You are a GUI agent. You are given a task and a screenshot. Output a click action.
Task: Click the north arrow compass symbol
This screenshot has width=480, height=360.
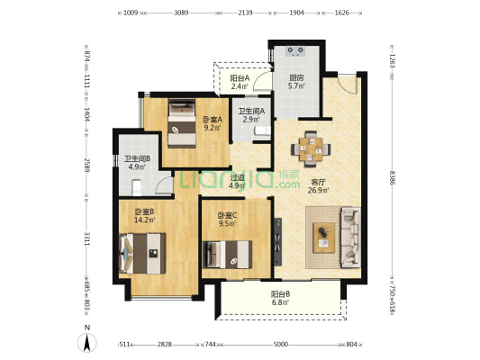click(87, 343)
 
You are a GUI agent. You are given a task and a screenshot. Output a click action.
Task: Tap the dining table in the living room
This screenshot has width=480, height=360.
click(311, 149)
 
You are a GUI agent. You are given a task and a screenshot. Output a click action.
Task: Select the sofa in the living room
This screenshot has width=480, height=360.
click(351, 238)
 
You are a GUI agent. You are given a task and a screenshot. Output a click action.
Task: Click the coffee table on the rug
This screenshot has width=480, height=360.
click(323, 238)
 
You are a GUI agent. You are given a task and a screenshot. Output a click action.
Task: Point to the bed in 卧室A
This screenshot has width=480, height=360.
click(182, 123)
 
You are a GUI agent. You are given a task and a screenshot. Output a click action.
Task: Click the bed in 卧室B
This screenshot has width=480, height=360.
click(142, 254)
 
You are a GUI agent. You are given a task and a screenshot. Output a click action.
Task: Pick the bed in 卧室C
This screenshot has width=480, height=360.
click(227, 255)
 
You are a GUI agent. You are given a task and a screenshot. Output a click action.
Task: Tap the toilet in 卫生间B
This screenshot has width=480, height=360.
click(136, 187)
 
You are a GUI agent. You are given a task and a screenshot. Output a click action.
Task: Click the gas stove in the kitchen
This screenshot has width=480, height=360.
click(295, 51)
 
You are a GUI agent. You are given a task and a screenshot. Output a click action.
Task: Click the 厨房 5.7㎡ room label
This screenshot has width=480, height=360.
click(296, 82)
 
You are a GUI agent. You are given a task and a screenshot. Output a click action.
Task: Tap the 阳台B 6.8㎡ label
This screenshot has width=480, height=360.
click(280, 298)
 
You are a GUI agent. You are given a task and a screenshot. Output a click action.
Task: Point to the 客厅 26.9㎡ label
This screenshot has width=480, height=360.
click(319, 186)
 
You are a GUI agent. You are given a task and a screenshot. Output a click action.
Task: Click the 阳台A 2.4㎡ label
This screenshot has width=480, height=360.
click(240, 82)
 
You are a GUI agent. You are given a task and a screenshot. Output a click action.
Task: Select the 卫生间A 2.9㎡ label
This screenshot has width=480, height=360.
click(251, 115)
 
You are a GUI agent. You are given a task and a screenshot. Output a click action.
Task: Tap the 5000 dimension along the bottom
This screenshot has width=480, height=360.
click(280, 345)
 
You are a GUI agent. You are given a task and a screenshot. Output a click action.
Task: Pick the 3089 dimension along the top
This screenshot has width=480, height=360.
click(181, 13)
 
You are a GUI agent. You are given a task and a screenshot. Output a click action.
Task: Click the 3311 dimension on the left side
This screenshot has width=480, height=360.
click(86, 238)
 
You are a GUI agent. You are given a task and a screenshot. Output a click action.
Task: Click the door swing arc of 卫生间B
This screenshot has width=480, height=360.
click(162, 185)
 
